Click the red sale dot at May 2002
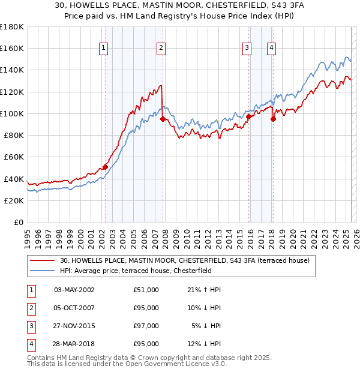(x=105, y=167)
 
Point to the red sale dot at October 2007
(x=163, y=119)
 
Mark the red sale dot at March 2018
(x=273, y=119)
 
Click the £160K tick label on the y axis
(x=12, y=48)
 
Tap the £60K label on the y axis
(x=14, y=157)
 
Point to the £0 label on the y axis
(x=19, y=222)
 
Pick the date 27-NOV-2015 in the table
(x=74, y=326)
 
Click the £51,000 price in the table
(x=146, y=290)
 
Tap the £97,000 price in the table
(x=146, y=326)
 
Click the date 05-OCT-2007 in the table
(x=74, y=308)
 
